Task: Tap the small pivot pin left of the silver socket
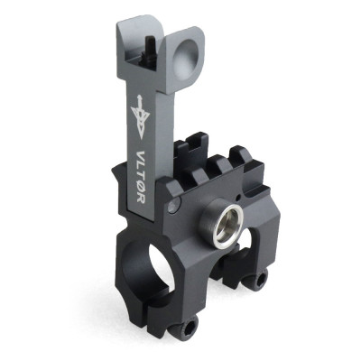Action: pos(174,211)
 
